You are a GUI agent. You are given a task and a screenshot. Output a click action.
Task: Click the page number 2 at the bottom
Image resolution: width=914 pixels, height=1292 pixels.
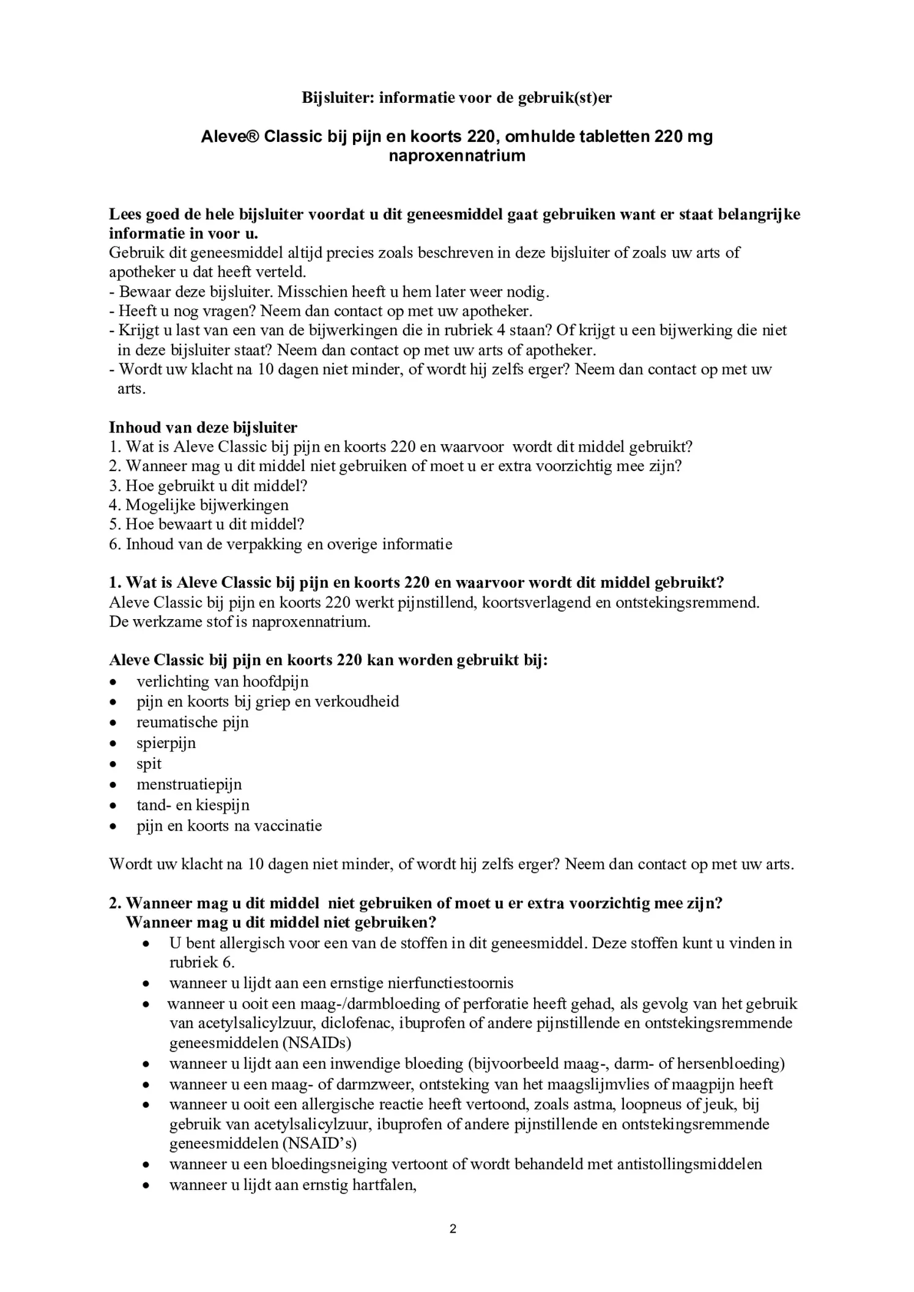coord(453,1229)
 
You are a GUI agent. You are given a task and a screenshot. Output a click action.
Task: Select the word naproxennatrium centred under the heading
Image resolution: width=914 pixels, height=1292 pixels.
coord(457,155)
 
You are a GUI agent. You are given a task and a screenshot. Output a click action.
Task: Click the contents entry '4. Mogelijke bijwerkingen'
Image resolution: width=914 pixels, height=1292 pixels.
coord(199,505)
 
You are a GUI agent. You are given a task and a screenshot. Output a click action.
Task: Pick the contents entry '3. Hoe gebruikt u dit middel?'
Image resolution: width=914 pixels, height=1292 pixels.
coord(208,486)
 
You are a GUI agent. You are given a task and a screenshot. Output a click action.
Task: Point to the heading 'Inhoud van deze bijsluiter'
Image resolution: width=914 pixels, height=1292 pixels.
coord(203,427)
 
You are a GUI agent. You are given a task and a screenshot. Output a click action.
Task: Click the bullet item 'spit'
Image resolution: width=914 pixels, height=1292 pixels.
coord(149,763)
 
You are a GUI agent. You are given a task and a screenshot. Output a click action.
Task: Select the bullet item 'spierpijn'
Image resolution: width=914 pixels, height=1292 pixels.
coord(166,743)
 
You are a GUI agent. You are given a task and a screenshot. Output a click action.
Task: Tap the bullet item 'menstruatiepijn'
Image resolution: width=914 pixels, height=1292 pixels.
coord(189,784)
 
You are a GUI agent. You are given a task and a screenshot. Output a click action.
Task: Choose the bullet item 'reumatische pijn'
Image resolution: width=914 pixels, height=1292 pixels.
coord(193,722)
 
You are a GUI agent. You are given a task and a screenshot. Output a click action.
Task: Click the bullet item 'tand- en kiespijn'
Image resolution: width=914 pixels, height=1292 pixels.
coord(193,805)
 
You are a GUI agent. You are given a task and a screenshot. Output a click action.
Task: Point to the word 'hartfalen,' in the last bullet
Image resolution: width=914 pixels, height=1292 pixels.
coord(384,1185)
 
